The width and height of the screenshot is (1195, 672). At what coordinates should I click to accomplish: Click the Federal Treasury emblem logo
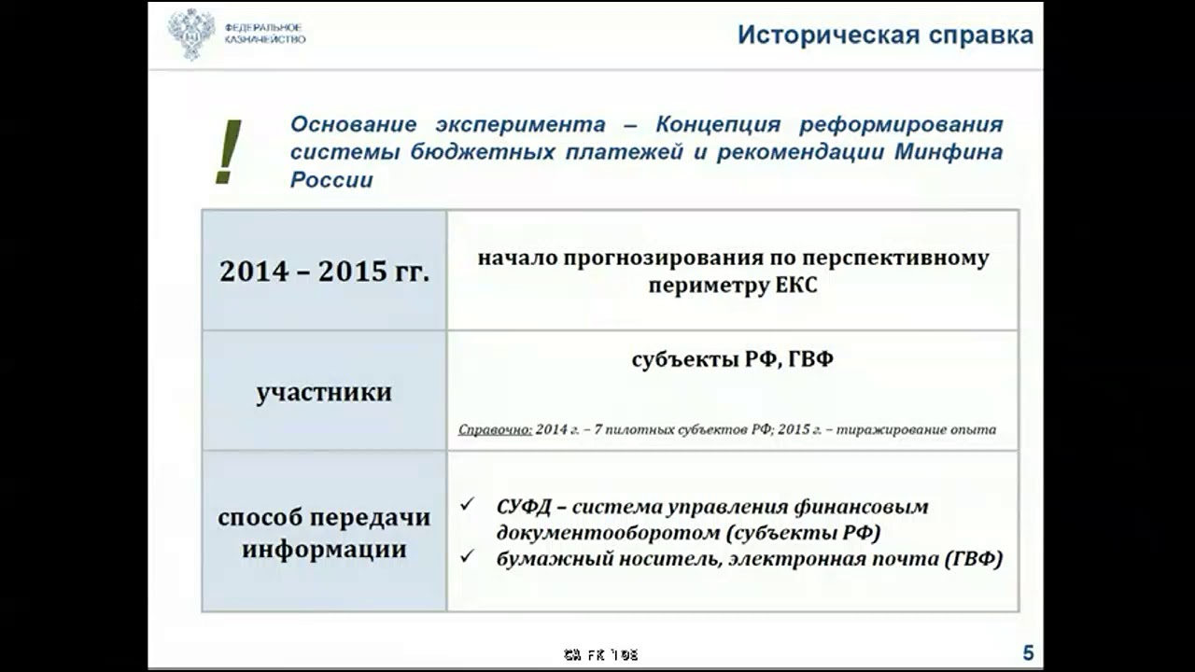(x=191, y=34)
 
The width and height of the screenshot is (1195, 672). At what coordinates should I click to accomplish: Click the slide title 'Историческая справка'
(x=885, y=35)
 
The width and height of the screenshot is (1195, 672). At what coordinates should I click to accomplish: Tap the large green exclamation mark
(x=227, y=152)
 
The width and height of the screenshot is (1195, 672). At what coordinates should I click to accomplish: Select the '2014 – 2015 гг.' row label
(x=324, y=271)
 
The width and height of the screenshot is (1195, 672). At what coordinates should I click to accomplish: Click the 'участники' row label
(x=324, y=392)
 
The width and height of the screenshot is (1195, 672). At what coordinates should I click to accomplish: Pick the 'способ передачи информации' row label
(x=324, y=532)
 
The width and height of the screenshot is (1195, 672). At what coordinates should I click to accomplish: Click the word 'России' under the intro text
(x=331, y=180)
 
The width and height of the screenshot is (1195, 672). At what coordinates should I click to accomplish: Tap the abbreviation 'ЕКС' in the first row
(x=796, y=286)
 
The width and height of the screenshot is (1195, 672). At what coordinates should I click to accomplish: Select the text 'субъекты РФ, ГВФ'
(x=732, y=359)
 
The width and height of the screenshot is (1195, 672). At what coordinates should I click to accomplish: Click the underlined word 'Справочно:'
(x=495, y=430)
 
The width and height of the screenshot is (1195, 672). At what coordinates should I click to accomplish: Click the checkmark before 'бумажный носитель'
(x=469, y=557)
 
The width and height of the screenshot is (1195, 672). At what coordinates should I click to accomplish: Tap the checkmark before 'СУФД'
(x=469, y=504)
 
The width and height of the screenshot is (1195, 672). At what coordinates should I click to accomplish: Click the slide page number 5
(x=1028, y=653)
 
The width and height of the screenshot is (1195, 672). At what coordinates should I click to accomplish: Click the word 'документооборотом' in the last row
(x=608, y=533)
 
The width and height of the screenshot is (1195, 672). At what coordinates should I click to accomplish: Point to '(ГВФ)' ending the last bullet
(x=974, y=559)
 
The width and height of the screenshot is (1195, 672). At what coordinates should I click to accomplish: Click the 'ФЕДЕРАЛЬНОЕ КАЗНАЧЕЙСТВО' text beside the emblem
(x=264, y=34)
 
